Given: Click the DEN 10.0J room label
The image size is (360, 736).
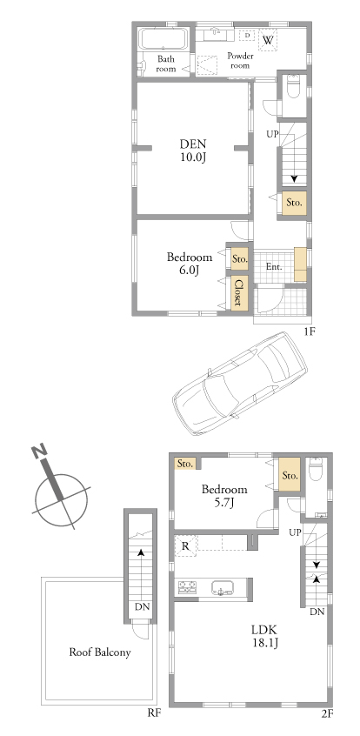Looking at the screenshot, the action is pos(192,151).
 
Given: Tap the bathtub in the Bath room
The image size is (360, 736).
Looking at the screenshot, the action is pos(163,38).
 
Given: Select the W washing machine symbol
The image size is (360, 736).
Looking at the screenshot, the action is pos(268,39).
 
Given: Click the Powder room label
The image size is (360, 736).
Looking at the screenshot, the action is pos(240,61).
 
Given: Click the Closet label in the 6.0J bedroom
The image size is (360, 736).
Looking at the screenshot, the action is pos(239,292).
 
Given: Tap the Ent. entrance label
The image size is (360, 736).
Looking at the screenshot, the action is pos(274,266).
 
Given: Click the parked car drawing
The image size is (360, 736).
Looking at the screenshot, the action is pos(239,383).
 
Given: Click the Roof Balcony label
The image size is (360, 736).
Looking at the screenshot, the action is pos(100,652).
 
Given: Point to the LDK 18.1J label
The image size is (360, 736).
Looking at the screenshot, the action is pos(264,636).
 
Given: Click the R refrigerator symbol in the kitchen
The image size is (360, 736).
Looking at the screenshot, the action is pos(185,545).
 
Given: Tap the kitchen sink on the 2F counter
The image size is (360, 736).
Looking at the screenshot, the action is pos(222,587).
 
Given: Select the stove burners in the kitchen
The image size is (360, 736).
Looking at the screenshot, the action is pos(188,587).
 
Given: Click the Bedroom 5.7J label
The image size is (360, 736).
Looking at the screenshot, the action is pos(224,496).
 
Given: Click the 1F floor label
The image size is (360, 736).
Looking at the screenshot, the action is pos(309,331).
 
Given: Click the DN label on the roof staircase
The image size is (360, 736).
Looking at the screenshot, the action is pos(142,606).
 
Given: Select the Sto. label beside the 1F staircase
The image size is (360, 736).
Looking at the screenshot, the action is pos(294,204).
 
